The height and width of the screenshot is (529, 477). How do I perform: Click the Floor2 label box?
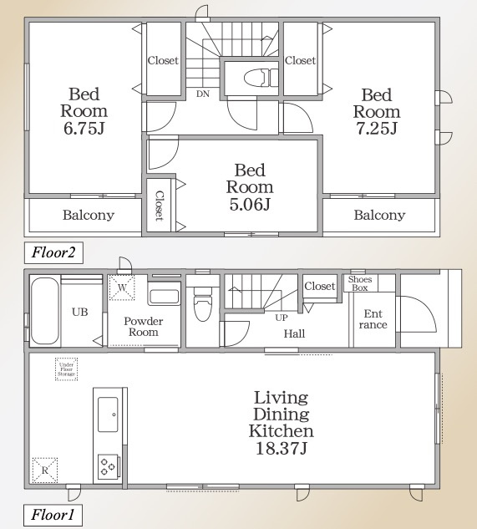click(x=53, y=252)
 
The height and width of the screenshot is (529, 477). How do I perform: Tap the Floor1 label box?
click(x=53, y=515)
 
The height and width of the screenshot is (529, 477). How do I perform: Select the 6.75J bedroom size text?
click(x=84, y=128)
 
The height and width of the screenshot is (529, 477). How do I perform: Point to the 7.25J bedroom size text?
click(x=377, y=128)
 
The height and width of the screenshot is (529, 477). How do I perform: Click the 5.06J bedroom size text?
click(x=250, y=204)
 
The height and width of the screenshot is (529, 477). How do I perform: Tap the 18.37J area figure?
click(x=281, y=449)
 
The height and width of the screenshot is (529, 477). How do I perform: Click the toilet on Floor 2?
click(x=261, y=77)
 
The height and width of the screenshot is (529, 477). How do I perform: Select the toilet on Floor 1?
click(x=203, y=303)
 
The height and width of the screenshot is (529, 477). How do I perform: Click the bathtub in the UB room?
click(x=45, y=311)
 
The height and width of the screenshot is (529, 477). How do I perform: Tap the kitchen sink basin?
click(x=108, y=415)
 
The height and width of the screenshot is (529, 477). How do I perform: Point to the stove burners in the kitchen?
click(x=108, y=466)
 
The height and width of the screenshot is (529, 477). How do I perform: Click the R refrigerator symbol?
click(x=45, y=470)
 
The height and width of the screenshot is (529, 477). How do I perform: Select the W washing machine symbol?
click(x=122, y=287)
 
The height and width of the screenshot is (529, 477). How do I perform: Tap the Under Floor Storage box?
click(x=67, y=369)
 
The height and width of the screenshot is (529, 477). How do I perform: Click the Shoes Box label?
click(x=360, y=283)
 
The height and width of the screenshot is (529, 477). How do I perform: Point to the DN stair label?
click(x=203, y=94)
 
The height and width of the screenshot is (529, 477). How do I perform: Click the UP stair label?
click(x=282, y=318)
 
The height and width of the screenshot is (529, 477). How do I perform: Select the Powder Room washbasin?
click(x=165, y=297)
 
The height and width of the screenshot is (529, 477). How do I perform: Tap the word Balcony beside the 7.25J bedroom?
click(x=379, y=215)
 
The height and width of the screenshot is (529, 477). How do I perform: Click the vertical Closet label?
click(x=159, y=206)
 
